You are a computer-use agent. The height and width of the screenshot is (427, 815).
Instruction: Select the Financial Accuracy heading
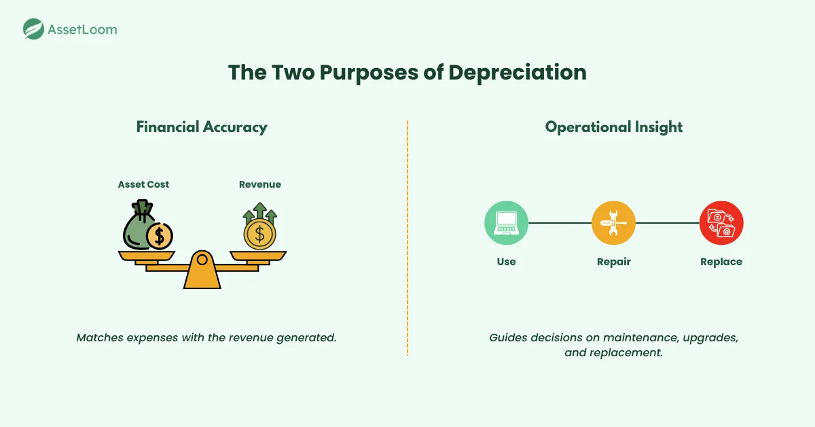pyautogui.click(x=202, y=127)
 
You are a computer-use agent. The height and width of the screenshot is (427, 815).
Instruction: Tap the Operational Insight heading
pyautogui.click(x=613, y=127)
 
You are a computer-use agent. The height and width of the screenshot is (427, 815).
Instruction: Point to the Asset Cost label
pyautogui.click(x=143, y=185)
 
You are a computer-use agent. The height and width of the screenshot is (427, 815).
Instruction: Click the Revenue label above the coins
pyautogui.click(x=259, y=185)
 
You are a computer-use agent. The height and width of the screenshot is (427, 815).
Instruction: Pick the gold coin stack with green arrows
pyautogui.click(x=259, y=228)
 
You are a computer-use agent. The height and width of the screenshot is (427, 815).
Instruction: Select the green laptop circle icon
pyautogui.click(x=506, y=223)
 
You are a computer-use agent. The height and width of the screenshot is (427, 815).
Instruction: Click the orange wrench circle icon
pyautogui.click(x=613, y=223)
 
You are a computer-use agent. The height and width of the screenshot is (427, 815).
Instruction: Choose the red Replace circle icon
pyautogui.click(x=721, y=223)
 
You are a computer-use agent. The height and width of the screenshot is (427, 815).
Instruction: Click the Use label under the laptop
pyautogui.click(x=506, y=262)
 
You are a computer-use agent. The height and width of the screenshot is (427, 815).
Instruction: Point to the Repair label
pyautogui.click(x=613, y=262)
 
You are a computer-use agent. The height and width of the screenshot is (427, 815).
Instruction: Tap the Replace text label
pyautogui.click(x=721, y=262)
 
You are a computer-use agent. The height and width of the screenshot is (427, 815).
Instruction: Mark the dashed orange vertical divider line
pyautogui.click(x=407, y=238)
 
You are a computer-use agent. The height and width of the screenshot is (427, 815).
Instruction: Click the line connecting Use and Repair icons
pyautogui.click(x=560, y=223)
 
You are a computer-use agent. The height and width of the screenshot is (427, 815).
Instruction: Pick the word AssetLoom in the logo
pyautogui.click(x=82, y=29)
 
